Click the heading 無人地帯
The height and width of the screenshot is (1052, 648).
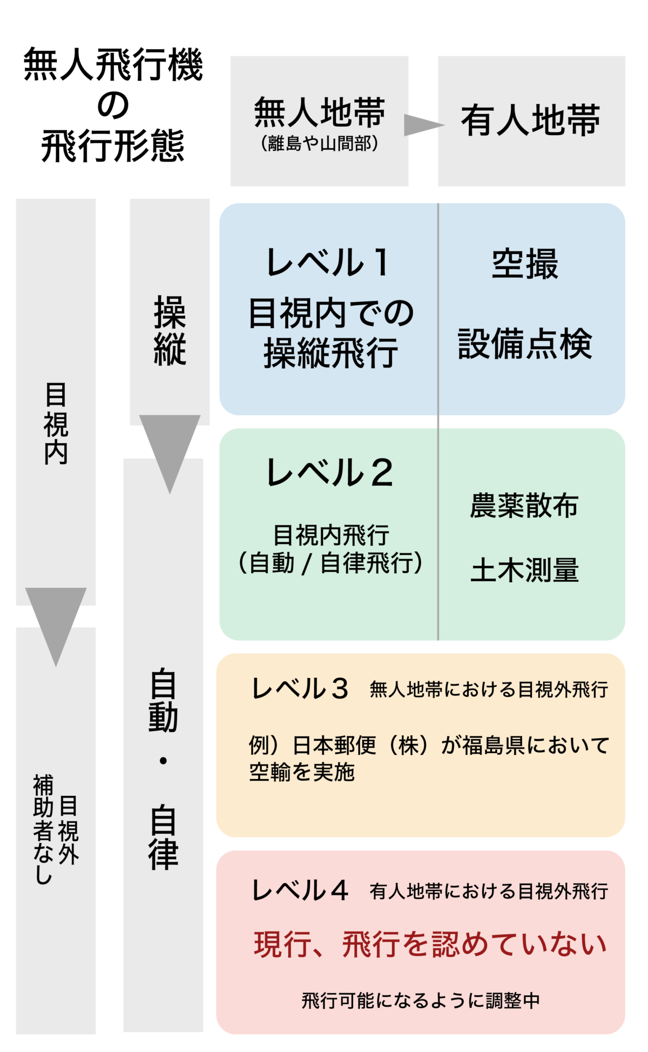[320, 112]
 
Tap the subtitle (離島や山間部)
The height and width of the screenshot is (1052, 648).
[320, 144]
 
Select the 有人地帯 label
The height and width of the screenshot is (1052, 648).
[530, 120]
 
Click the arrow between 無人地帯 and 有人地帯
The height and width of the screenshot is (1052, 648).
[423, 125]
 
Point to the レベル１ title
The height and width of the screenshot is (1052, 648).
[328, 263]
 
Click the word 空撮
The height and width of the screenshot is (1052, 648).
[525, 264]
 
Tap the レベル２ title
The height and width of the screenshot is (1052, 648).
[329, 473]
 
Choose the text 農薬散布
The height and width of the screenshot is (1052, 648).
[524, 506]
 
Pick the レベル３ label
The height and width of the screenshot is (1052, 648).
[300, 689]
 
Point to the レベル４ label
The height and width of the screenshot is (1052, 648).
[300, 890]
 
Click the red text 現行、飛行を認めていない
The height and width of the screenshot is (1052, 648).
[430, 944]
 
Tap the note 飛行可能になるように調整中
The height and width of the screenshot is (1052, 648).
[421, 1001]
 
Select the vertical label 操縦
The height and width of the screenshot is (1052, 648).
[170, 331]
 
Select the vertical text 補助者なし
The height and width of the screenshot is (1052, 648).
[43, 829]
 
